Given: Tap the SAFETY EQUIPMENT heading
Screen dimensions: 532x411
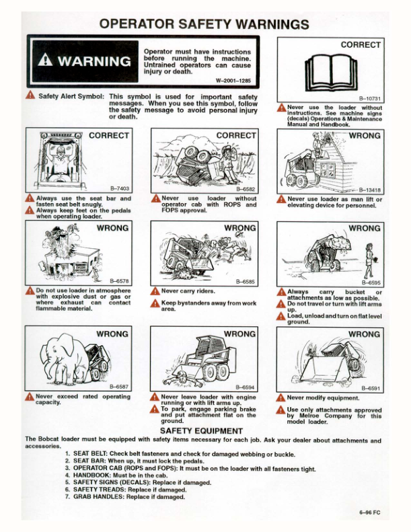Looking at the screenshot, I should tap(201, 430).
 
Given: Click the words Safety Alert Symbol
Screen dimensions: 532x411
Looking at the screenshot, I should tap(71, 97).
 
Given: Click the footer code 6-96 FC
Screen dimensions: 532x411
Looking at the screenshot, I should tap(369, 513).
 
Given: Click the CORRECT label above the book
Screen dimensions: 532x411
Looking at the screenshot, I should tap(361, 45).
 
